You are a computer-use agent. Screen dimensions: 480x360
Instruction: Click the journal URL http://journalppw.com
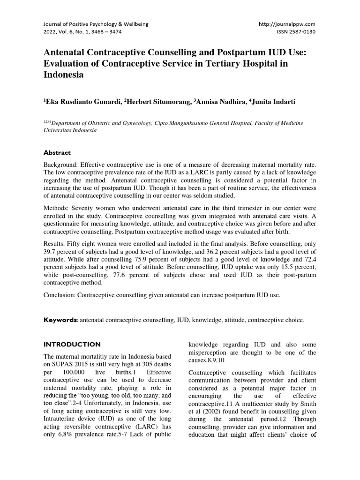click(287, 24)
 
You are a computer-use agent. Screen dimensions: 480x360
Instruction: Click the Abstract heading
click(57, 152)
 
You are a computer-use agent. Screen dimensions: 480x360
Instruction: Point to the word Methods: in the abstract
click(57, 208)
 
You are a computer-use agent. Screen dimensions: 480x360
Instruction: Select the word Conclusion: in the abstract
click(60, 296)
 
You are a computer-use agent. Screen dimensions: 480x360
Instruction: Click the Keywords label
click(60, 320)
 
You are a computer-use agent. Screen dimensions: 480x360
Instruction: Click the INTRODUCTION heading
click(72, 344)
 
